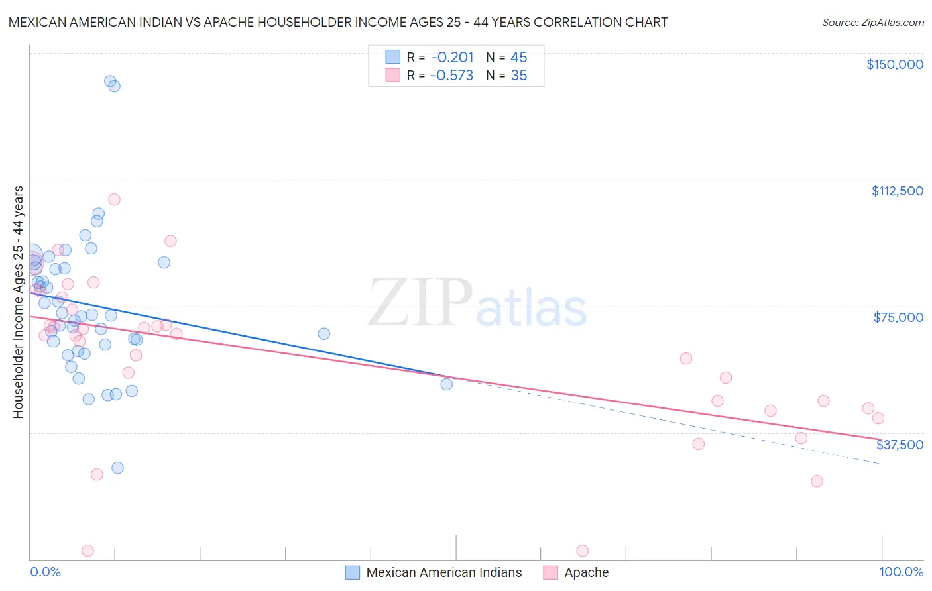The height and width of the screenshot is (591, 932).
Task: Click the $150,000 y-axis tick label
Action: click(x=894, y=64)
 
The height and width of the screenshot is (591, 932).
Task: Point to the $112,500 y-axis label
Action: click(x=897, y=191)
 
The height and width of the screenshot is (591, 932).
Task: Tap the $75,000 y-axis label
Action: click(x=898, y=317)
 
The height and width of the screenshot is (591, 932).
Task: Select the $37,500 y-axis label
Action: click(x=900, y=445)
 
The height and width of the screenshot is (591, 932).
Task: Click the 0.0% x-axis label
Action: click(x=45, y=572)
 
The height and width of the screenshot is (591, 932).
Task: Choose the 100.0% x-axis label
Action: click(x=901, y=572)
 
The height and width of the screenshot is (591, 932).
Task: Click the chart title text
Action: click(x=338, y=22)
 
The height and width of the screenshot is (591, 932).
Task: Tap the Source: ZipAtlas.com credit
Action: click(x=872, y=22)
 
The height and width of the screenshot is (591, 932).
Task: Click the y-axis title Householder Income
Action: click(x=18, y=302)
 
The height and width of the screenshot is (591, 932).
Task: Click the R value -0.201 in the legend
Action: click(x=451, y=58)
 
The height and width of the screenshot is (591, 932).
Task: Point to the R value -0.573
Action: click(x=451, y=76)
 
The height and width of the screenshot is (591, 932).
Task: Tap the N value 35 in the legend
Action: click(x=519, y=76)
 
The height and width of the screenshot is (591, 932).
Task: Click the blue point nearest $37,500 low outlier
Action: click(x=117, y=468)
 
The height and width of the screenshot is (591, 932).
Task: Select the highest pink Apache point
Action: click(x=114, y=199)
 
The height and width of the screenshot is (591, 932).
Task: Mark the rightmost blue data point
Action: click(x=447, y=384)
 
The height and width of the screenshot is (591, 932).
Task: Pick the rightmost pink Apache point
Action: click(x=878, y=418)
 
